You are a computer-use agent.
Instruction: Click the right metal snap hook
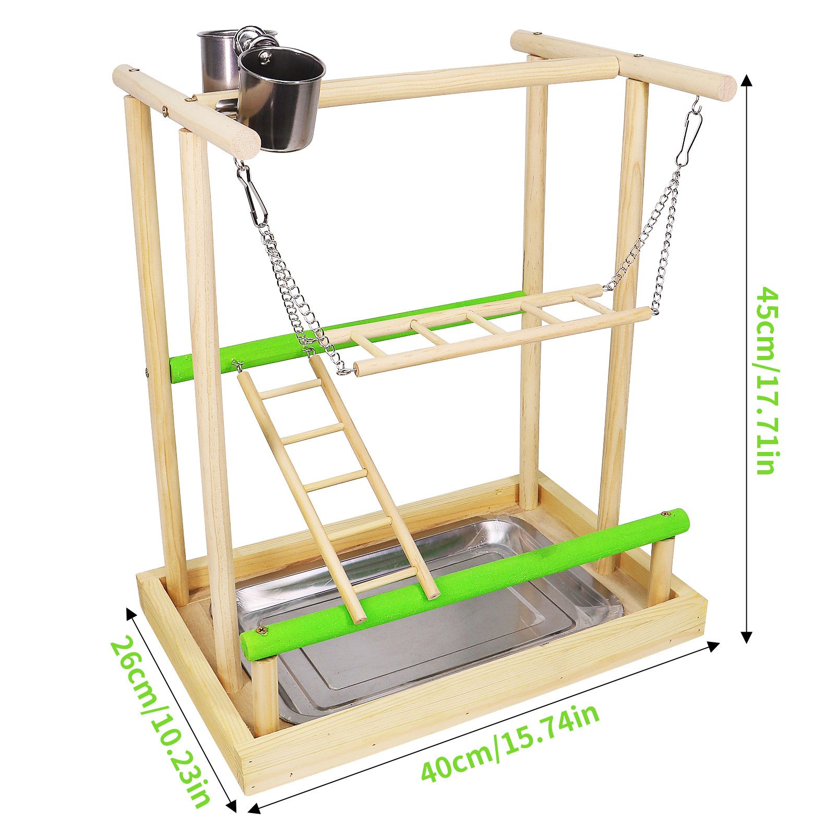click(x=689, y=138)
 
